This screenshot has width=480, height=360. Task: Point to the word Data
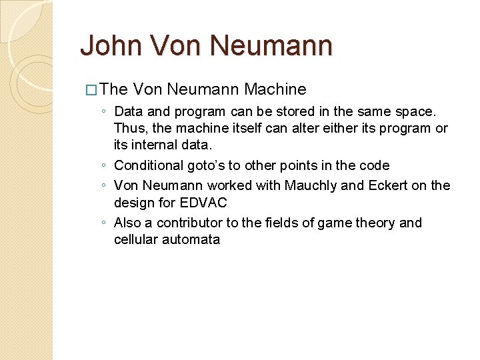(x=128, y=111)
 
